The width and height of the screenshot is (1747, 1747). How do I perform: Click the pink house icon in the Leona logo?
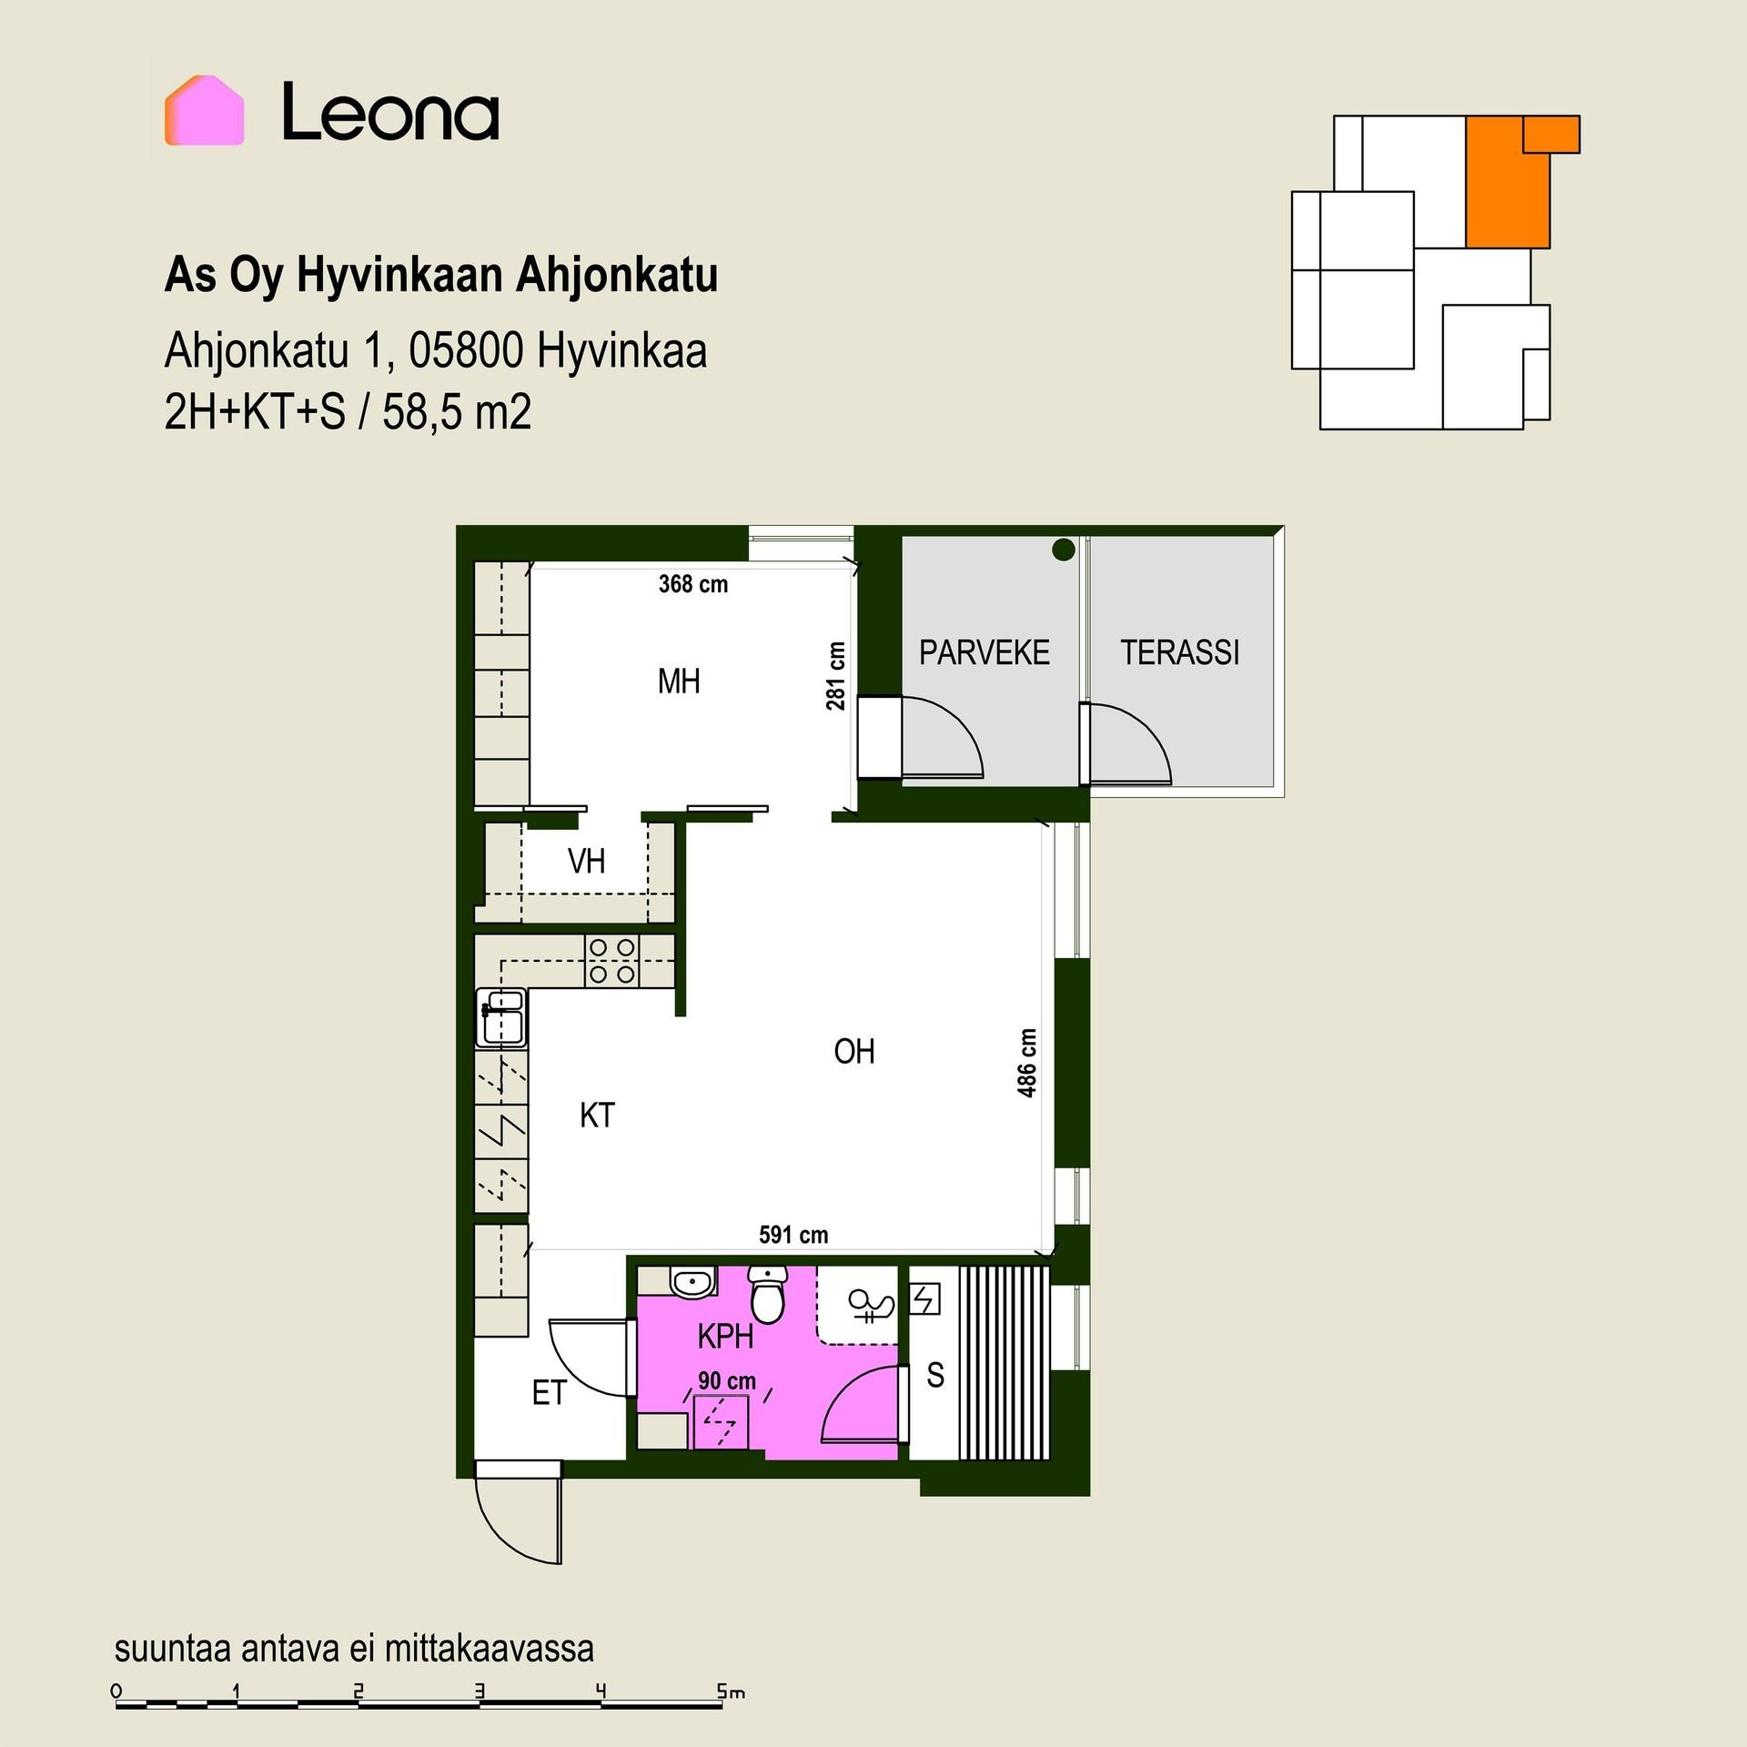(x=204, y=110)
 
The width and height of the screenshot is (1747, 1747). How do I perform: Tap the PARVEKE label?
(x=984, y=652)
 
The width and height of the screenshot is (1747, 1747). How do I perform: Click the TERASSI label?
(x=1179, y=652)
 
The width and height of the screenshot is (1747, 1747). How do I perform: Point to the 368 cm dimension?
(x=693, y=584)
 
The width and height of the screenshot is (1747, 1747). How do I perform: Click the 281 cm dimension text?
(x=836, y=676)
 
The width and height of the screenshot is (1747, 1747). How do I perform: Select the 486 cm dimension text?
(x=1027, y=1063)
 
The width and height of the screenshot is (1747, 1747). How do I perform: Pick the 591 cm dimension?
(x=793, y=1235)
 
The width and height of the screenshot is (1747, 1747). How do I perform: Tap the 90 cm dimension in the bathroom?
(x=727, y=1380)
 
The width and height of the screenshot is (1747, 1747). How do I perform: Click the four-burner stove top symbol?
(x=611, y=961)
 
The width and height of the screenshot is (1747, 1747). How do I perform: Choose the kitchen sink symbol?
(x=501, y=1016)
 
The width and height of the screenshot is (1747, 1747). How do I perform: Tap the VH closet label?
(x=586, y=861)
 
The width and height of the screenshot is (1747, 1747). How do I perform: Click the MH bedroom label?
(x=679, y=681)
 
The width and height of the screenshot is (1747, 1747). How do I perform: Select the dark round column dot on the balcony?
(x=1063, y=550)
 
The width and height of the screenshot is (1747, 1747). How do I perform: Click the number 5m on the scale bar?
(x=731, y=1691)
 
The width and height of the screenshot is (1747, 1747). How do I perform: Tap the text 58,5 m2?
(x=457, y=413)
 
